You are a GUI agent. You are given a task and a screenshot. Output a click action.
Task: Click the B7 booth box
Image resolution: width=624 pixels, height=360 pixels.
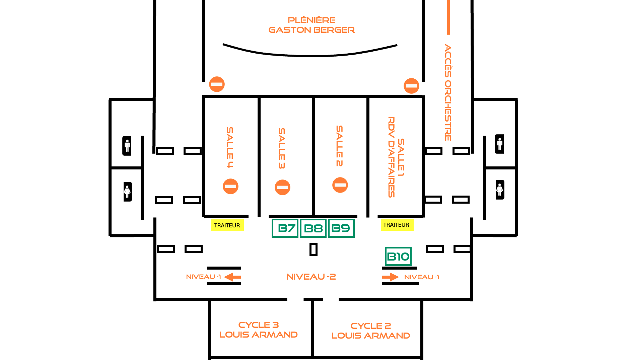coord(285,228)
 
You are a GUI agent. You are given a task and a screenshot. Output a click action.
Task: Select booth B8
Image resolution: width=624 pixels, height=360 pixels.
coord(313,228)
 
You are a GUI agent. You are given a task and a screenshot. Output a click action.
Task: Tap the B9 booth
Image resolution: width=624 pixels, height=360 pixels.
coord(341,228)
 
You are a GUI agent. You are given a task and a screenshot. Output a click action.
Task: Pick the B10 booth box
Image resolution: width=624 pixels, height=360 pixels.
coord(398,256)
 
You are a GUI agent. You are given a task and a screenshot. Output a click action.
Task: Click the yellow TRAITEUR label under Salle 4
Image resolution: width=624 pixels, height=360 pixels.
coord(227,225)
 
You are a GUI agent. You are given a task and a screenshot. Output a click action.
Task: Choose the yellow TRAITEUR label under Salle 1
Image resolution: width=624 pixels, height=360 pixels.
coord(397,225)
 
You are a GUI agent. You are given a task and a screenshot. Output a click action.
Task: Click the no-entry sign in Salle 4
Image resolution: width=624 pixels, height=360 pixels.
coord(230,186)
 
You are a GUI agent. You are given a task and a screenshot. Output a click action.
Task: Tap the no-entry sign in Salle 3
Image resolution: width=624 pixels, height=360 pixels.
coord(282,187)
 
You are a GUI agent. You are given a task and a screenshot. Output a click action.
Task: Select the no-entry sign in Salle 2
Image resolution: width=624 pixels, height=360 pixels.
coord(340,185)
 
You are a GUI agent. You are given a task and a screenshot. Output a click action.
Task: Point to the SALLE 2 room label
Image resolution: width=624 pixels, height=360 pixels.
coord(339,146)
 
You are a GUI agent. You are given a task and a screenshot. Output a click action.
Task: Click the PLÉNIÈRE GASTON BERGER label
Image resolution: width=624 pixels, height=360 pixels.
coord(311,25)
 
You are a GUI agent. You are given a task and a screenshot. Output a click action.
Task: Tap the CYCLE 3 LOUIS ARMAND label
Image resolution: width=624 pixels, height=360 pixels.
coord(259,330)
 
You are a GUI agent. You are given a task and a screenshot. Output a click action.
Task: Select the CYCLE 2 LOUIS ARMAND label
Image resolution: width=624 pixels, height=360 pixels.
coord(371,331)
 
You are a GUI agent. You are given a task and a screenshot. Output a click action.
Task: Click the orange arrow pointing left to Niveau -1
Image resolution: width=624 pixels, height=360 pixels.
coord(232,277)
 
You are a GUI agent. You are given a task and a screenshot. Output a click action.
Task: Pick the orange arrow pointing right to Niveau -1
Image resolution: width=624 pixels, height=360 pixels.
coord(390,277)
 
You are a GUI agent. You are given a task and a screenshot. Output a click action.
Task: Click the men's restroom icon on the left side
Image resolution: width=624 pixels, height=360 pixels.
coord(127,146)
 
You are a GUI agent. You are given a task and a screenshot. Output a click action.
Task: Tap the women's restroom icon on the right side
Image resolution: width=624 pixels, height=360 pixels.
coord(500,190)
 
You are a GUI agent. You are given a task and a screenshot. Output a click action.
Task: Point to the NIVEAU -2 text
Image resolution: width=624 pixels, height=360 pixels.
coord(311,277)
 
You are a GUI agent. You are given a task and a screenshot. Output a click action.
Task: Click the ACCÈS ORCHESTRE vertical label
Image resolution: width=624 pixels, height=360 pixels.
coord(448,92)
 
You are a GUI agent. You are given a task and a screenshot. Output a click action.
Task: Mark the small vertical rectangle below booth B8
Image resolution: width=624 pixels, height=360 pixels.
coord(314,249)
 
